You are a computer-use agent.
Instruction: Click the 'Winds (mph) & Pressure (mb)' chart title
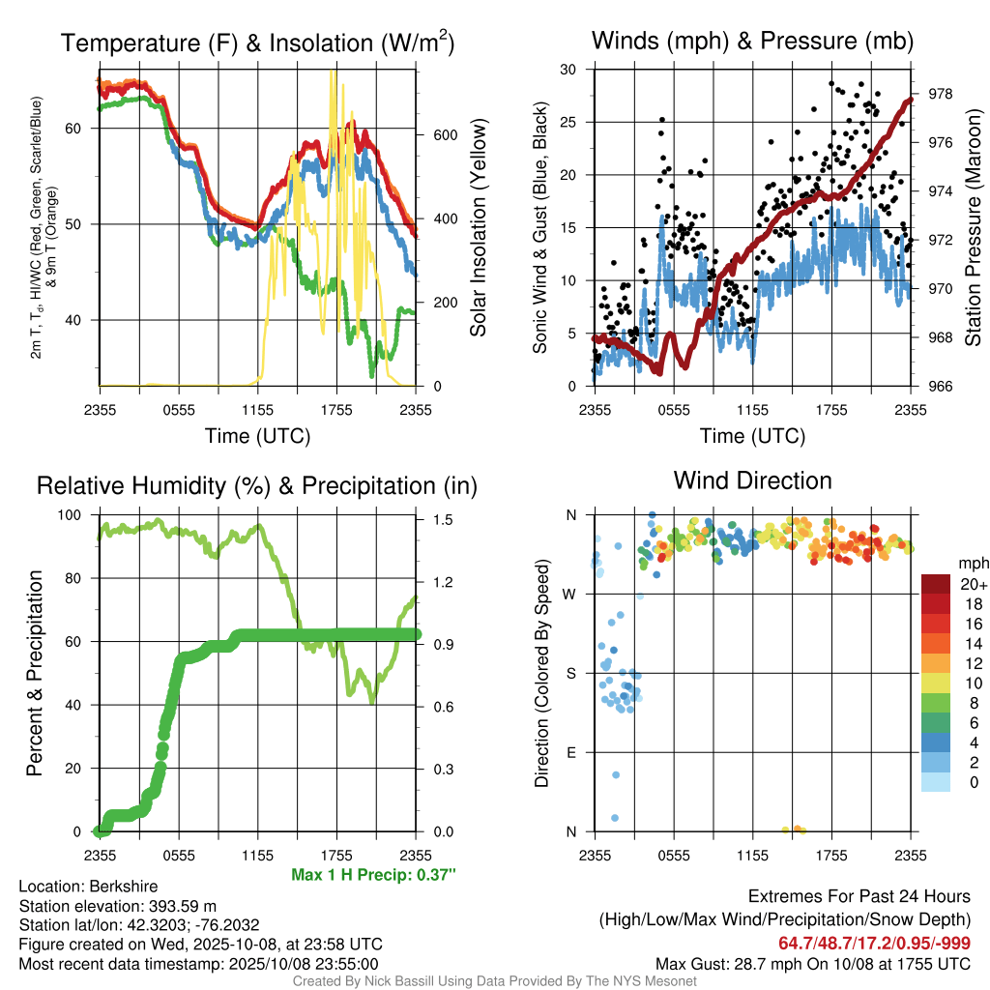click(x=752, y=42)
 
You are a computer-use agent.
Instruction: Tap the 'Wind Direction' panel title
click(x=752, y=480)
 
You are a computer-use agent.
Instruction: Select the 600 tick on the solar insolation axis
click(x=444, y=134)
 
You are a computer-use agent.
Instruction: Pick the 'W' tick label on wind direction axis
click(x=571, y=594)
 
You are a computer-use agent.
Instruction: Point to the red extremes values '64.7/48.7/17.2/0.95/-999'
click(x=874, y=944)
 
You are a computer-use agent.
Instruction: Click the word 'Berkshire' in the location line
click(x=123, y=887)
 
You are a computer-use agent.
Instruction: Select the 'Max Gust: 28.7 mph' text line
click(x=813, y=963)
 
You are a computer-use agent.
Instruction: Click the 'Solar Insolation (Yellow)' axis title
click(x=479, y=227)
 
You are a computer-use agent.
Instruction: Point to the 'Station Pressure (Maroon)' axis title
click(x=974, y=227)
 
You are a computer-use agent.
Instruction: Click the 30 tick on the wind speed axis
click(x=569, y=70)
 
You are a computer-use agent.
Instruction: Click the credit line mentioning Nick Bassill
click(x=495, y=981)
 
